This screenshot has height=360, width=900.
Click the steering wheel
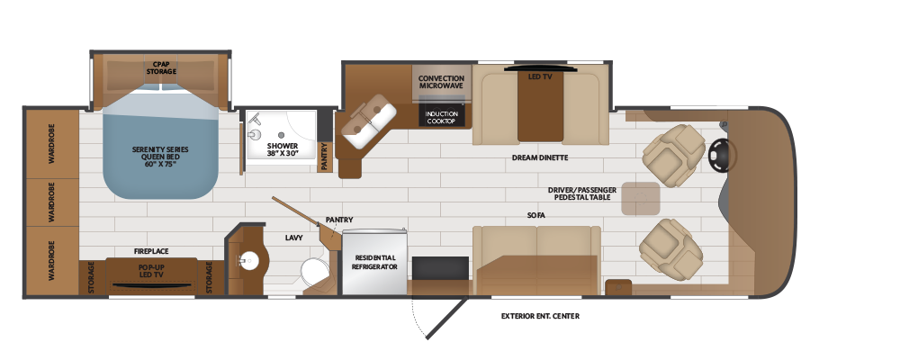721,155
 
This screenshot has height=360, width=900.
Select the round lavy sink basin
248,261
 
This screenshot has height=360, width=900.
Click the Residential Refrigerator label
374,263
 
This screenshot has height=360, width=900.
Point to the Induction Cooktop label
441,117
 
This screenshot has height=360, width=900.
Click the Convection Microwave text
441,82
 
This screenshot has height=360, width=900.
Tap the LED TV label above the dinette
539,76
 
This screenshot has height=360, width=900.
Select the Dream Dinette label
540,157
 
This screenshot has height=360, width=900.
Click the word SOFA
535,215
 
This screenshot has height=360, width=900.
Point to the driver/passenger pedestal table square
641,199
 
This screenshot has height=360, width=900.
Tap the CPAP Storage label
161,67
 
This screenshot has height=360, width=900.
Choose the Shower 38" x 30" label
283,149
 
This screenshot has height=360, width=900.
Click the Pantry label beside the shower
325,157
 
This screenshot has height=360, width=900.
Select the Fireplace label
151,251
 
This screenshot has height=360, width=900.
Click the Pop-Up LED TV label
151,271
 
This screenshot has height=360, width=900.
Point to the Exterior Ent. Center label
540,316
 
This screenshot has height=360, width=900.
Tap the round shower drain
281,135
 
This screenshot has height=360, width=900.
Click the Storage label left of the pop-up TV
92,278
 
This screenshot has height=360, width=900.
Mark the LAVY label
293,237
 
